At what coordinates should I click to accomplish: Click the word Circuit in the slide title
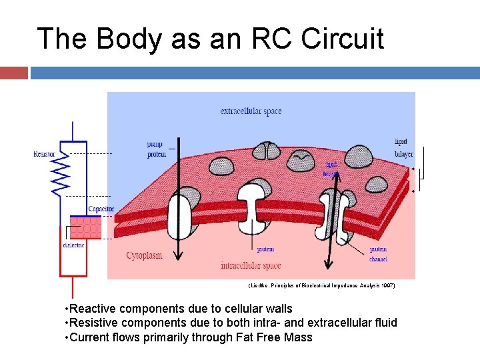343,39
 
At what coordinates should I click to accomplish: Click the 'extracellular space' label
251,111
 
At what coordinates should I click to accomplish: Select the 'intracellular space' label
250,265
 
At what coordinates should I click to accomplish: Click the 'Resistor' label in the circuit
44,154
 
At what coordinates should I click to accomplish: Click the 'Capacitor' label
101,209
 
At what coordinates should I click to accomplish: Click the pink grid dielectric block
85,227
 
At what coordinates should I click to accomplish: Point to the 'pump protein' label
157,149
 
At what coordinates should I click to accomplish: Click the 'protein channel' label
378,254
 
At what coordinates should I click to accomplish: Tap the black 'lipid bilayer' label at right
403,148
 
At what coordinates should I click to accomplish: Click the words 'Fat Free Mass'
274,337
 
